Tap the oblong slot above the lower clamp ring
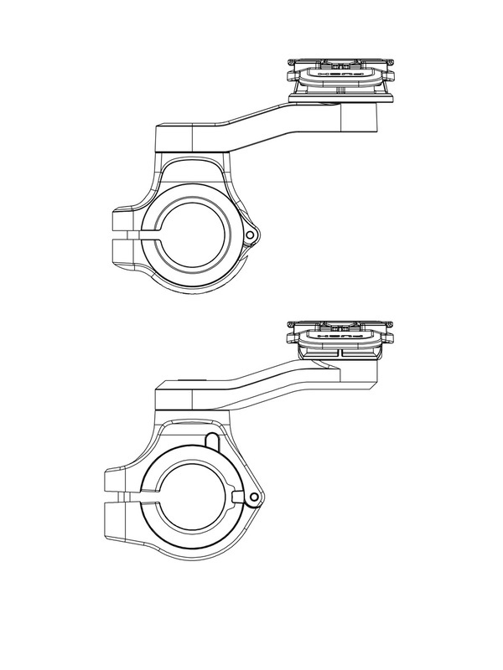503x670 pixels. click(210, 441)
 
